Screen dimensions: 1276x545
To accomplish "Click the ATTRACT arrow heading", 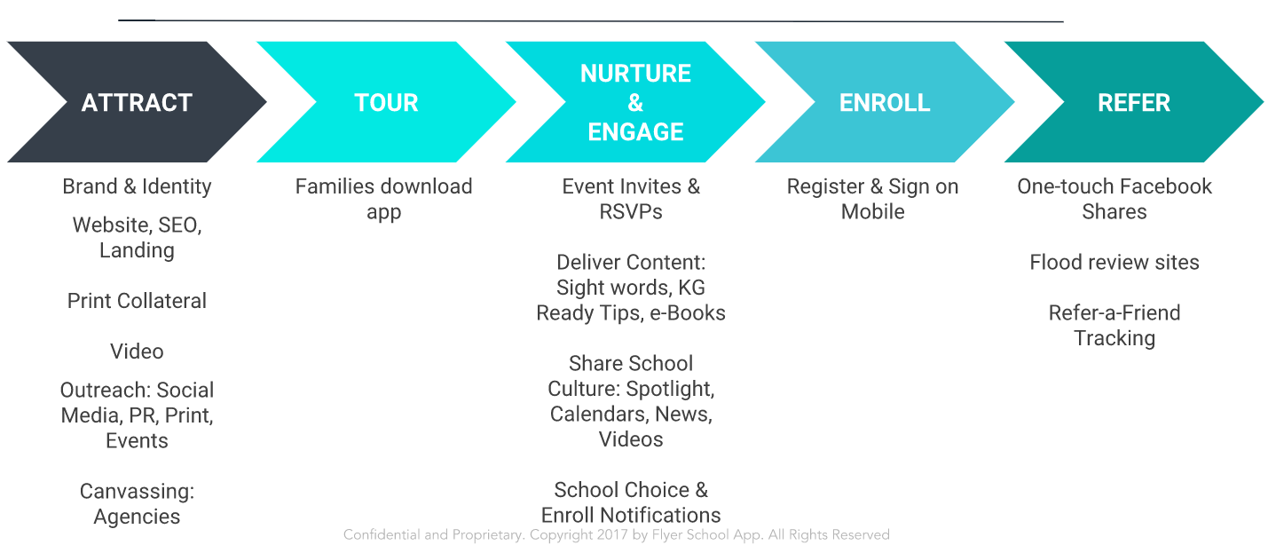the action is [137, 103].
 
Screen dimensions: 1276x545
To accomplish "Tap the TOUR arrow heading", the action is [386, 103].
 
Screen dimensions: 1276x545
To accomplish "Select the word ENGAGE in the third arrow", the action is [635, 131].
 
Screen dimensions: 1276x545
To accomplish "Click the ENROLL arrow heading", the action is [885, 103].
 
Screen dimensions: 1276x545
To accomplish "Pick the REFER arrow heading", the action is [1134, 103].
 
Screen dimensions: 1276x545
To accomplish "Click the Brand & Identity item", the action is [137, 186].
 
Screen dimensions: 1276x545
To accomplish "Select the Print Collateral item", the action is [137, 300].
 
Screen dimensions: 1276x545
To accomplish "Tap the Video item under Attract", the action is [137, 351].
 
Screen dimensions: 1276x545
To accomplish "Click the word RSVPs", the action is [631, 211].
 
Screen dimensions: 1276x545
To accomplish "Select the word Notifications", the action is [660, 515].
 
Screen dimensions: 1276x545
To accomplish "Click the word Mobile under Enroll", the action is [872, 211].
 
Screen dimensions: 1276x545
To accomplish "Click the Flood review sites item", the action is [1115, 262].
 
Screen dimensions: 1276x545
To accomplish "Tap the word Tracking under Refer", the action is [1115, 339].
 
